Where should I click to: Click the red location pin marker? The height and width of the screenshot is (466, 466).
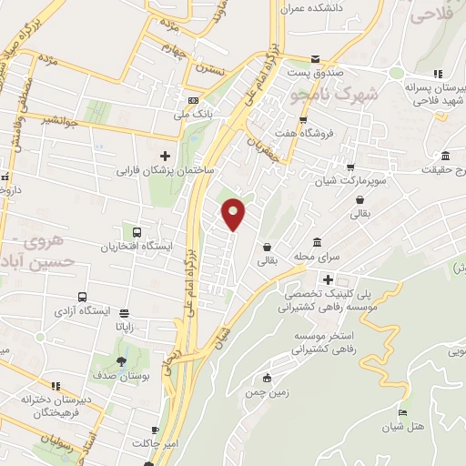pos(234,213)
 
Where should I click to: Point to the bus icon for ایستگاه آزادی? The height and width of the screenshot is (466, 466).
pos(83,298)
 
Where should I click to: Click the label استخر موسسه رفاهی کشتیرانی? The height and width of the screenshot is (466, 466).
pos(327,343)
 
